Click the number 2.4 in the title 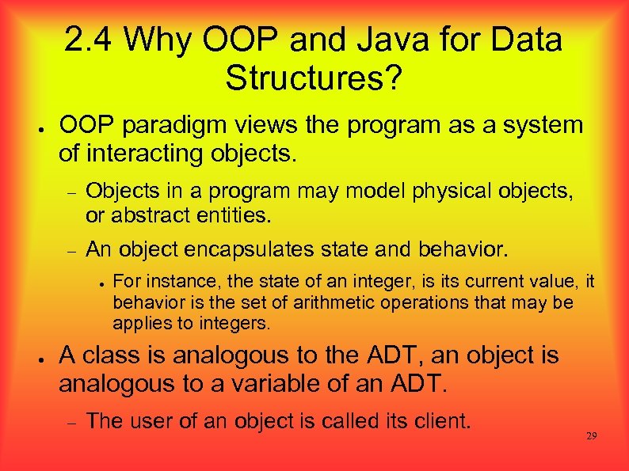88,40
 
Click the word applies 137,323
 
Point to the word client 440,420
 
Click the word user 147,420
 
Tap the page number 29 591,436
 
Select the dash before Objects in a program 69,192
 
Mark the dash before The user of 69,422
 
